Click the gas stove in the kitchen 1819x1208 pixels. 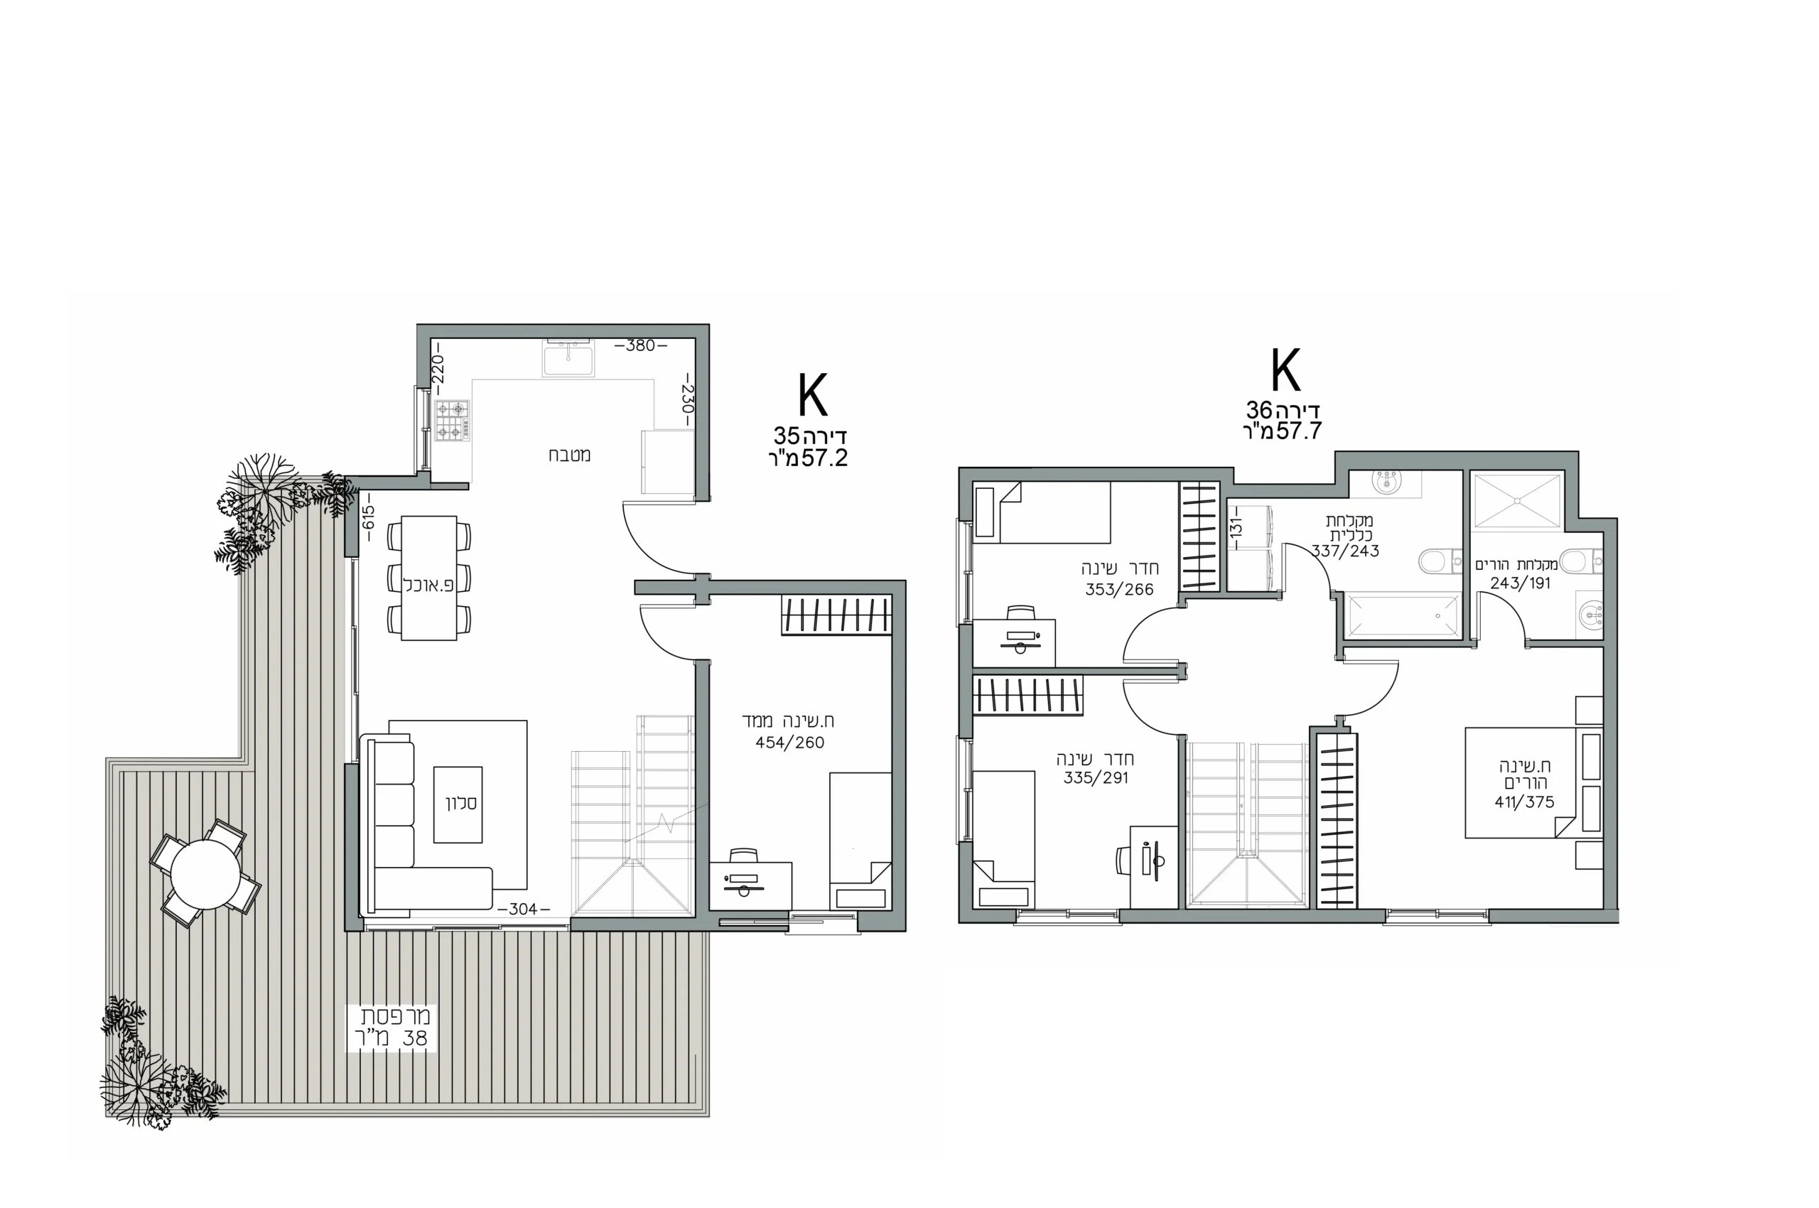pyautogui.click(x=452, y=421)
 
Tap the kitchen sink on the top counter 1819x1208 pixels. pyautogui.click(x=568, y=359)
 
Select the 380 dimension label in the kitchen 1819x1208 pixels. pyautogui.click(x=640, y=346)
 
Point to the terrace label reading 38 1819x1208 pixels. pyautogui.click(x=414, y=1037)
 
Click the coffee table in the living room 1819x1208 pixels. pyautogui.click(x=458, y=804)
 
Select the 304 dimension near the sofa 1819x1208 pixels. pyautogui.click(x=522, y=909)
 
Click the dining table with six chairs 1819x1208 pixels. pyautogui.click(x=429, y=578)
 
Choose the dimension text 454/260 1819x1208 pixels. pyautogui.click(x=789, y=743)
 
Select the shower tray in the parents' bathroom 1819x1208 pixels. pyautogui.click(x=1516, y=501)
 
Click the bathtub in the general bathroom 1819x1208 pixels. pyautogui.click(x=1402, y=615)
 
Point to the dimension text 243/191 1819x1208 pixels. pyautogui.click(x=1520, y=583)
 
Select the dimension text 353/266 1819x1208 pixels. pyautogui.click(x=1119, y=589)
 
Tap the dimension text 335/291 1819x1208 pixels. pyautogui.click(x=1096, y=778)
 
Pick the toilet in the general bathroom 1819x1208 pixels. pyautogui.click(x=1439, y=561)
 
